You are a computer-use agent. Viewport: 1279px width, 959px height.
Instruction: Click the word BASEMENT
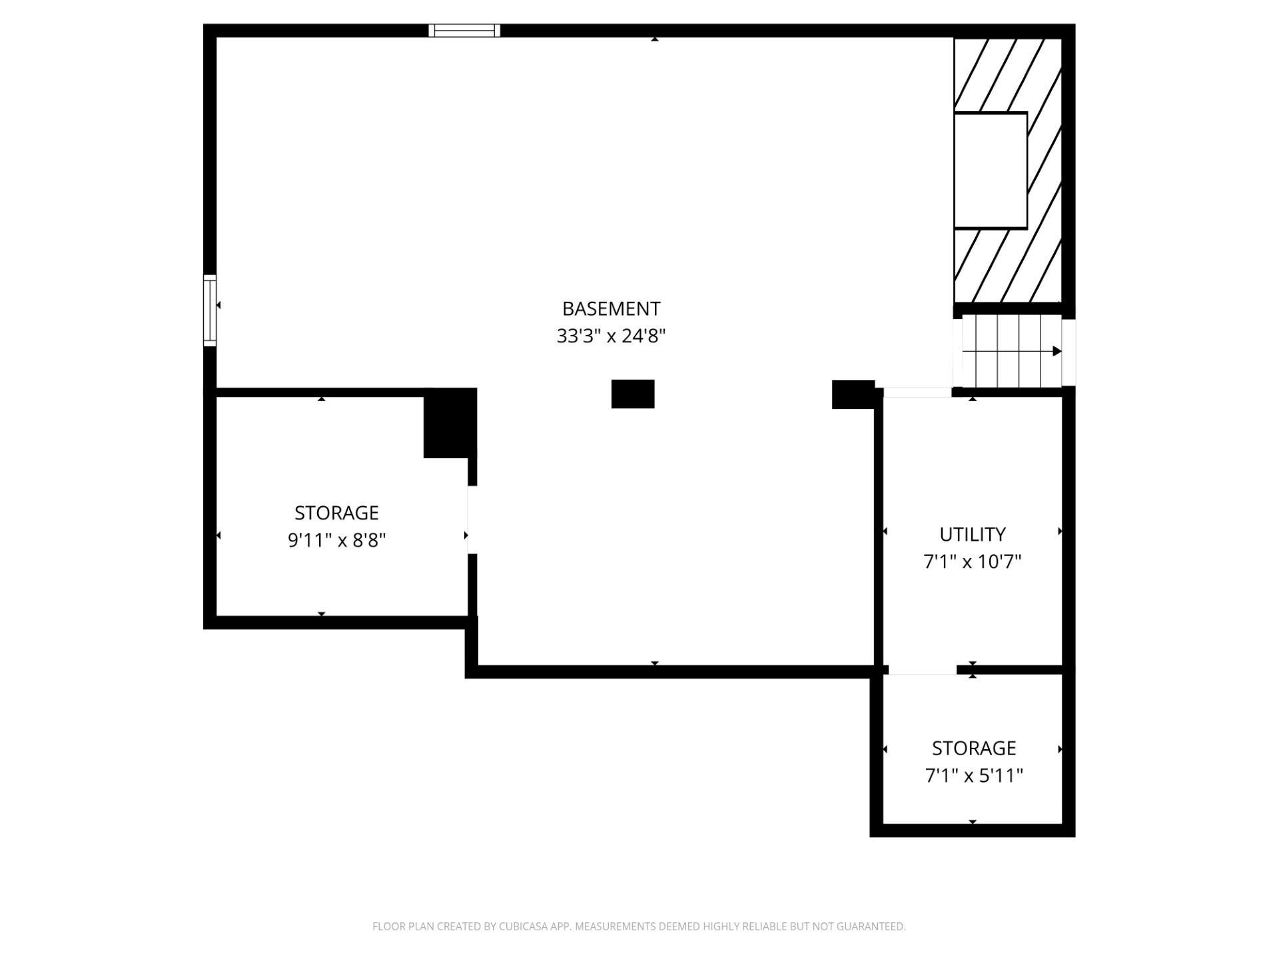tap(611, 309)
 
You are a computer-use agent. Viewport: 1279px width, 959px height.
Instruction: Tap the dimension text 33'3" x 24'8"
tap(611, 336)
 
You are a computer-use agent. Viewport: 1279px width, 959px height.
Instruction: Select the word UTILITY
tap(972, 535)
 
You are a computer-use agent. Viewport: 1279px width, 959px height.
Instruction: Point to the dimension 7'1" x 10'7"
tap(972, 561)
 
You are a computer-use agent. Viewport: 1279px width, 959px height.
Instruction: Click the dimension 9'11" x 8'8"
tap(336, 539)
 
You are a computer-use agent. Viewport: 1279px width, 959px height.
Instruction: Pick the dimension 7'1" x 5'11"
tap(973, 775)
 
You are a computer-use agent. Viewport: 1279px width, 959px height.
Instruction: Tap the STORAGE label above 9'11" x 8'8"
tap(336, 513)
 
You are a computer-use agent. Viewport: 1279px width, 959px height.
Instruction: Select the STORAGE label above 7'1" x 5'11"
tap(973, 749)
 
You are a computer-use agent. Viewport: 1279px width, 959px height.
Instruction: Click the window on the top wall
tap(464, 31)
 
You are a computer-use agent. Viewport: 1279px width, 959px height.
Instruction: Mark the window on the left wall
tap(210, 310)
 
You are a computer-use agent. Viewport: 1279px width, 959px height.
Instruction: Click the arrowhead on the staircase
tap(1057, 351)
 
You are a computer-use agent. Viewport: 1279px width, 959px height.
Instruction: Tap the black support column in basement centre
tap(633, 394)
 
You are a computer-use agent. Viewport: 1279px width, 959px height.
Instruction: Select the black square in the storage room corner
tap(450, 424)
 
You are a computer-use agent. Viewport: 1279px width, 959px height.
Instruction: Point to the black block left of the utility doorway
tap(853, 394)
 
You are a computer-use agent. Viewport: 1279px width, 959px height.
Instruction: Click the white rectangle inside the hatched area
tap(991, 170)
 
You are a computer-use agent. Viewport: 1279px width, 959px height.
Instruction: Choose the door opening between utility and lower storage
tap(923, 670)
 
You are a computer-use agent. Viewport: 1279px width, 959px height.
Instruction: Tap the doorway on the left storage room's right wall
tap(472, 520)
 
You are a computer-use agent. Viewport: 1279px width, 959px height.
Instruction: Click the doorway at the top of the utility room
tap(917, 392)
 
